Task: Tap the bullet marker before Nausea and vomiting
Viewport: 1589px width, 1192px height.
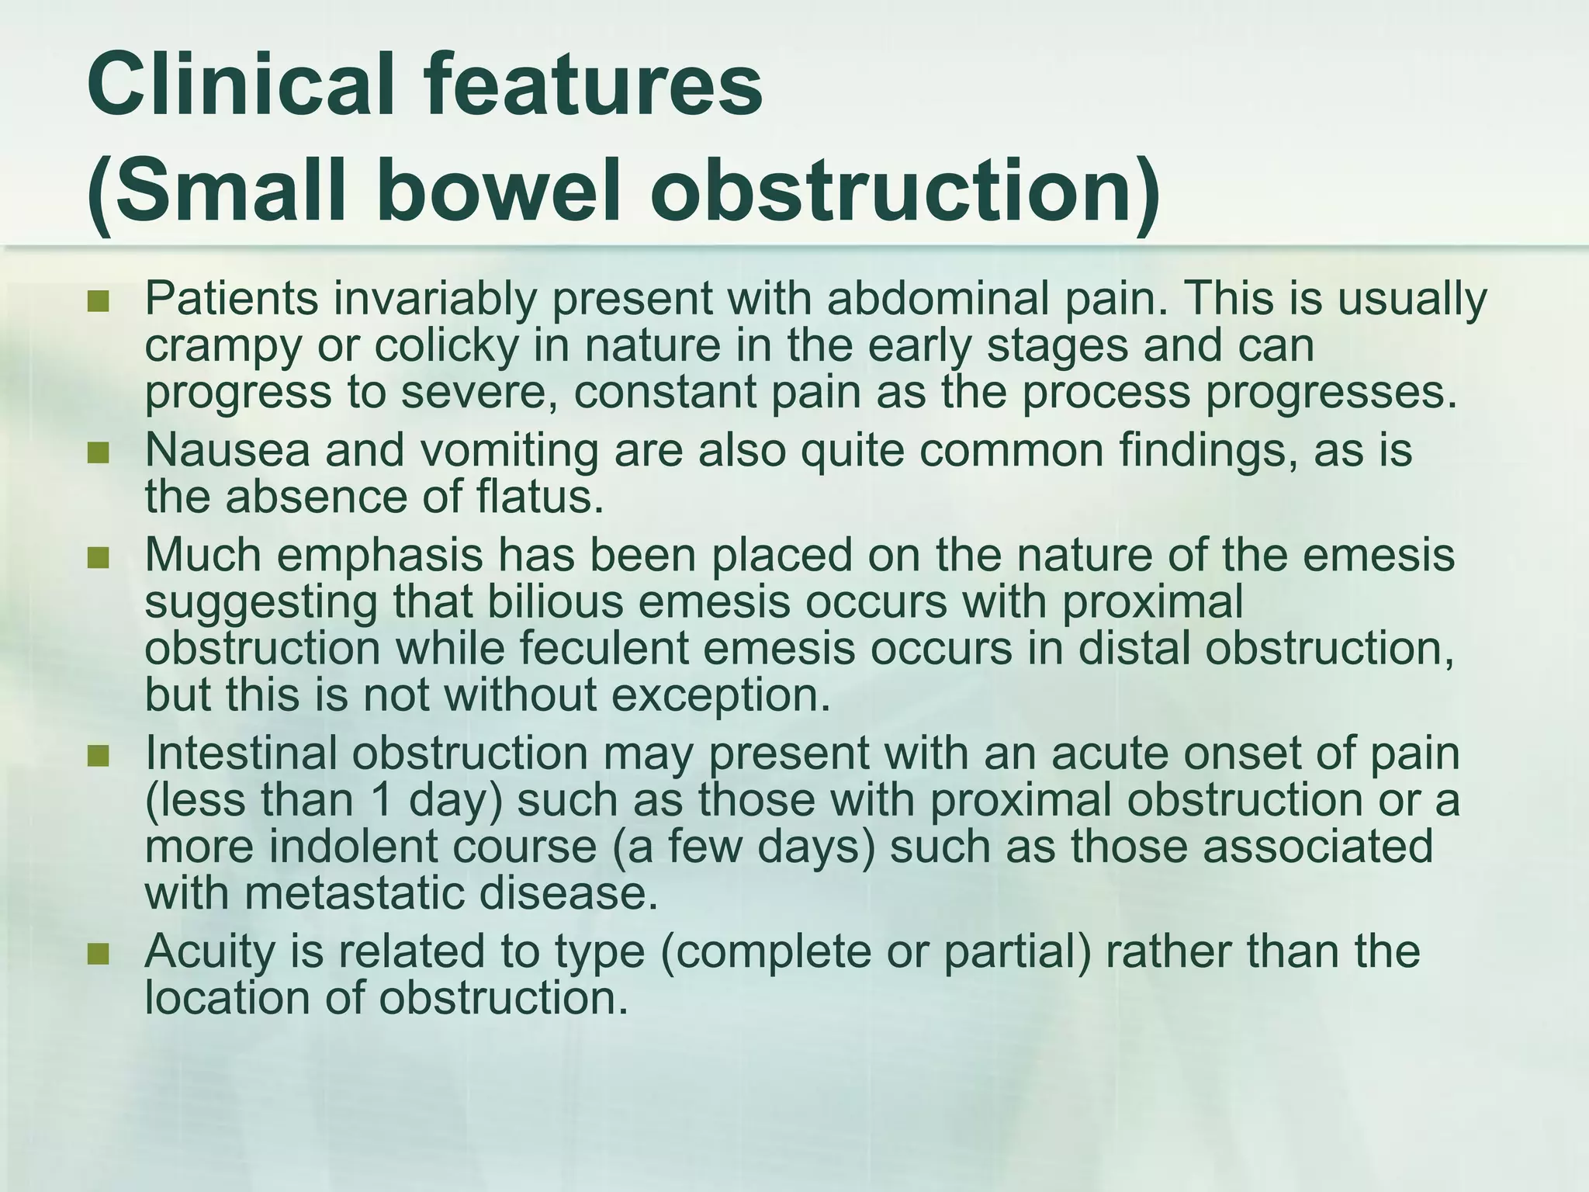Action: pos(99,452)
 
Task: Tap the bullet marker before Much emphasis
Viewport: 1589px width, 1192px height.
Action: pos(99,557)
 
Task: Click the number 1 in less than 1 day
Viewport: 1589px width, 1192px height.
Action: pos(381,800)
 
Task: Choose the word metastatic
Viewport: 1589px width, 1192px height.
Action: pos(354,893)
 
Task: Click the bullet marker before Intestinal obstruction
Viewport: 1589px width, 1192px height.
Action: pos(99,755)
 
